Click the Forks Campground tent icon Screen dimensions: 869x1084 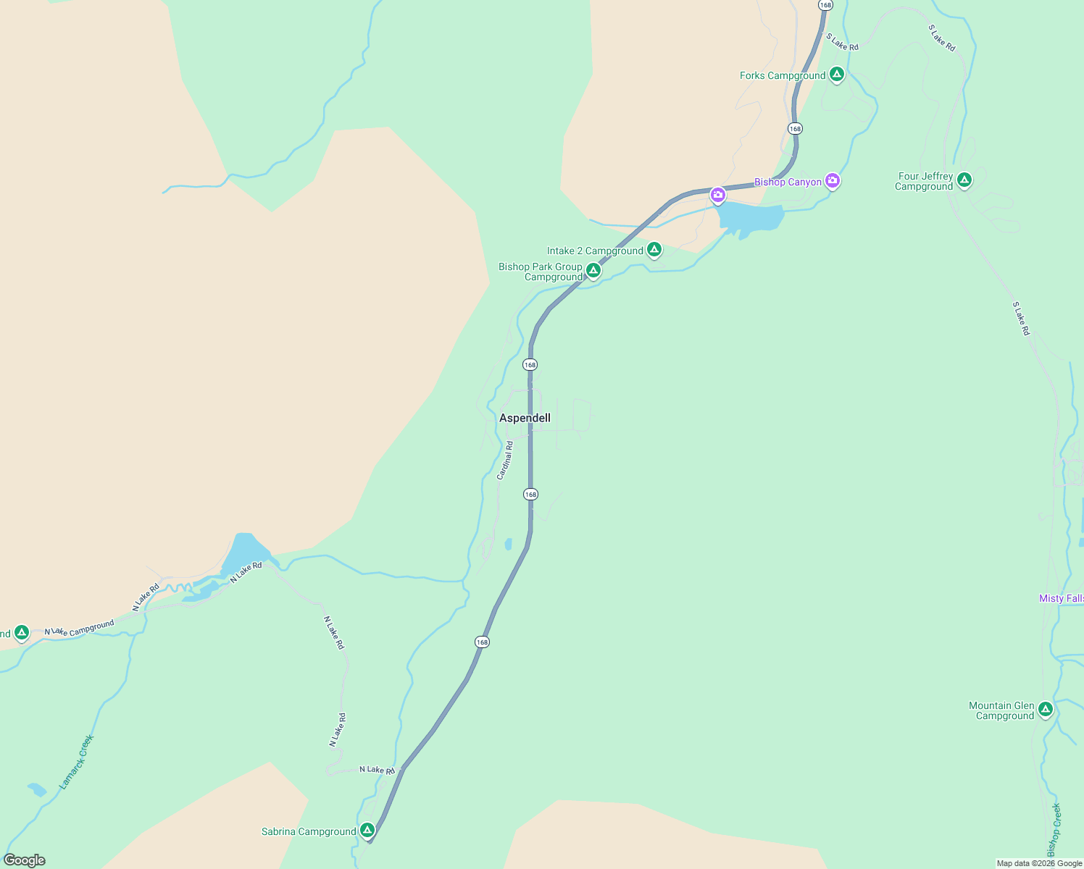[x=837, y=74]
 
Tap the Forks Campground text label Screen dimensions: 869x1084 [x=783, y=75]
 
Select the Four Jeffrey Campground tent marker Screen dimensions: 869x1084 [x=964, y=179]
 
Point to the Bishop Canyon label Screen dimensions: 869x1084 [x=788, y=182]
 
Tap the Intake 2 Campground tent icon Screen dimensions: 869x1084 [x=654, y=249]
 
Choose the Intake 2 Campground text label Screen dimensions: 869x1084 [x=595, y=251]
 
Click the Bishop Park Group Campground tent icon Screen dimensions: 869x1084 [x=593, y=270]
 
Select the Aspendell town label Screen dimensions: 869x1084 [x=525, y=418]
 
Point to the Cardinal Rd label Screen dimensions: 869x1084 [x=505, y=461]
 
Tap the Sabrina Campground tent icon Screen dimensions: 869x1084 [x=367, y=830]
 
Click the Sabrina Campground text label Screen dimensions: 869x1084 [x=309, y=831]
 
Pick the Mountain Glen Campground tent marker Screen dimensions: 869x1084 [x=1045, y=709]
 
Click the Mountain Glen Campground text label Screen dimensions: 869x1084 [x=1003, y=710]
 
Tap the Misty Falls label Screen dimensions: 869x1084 [x=1061, y=598]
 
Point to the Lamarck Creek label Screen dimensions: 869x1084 [x=77, y=762]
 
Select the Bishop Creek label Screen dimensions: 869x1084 [x=1054, y=830]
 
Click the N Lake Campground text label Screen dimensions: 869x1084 [x=80, y=628]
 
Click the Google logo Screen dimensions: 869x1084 [x=25, y=860]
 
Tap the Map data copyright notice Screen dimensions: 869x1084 [x=1039, y=863]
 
